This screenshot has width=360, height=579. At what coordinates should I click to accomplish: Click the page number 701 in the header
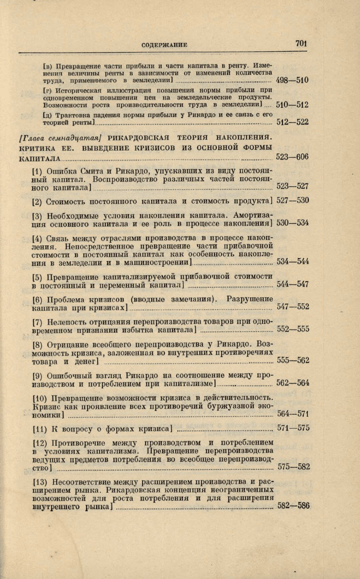tap(301, 44)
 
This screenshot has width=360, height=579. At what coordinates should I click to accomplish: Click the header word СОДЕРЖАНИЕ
tap(164, 45)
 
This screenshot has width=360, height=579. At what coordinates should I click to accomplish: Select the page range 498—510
tap(292, 80)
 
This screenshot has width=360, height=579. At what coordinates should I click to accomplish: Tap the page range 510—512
tap(292, 104)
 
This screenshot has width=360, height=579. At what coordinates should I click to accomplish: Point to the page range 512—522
tap(292, 122)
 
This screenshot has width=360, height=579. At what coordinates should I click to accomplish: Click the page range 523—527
tap(292, 187)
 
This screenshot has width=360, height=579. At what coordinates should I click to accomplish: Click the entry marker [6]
tap(38, 299)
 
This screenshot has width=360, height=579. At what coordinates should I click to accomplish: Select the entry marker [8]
tap(38, 344)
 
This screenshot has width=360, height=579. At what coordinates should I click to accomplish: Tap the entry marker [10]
tap(40, 397)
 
